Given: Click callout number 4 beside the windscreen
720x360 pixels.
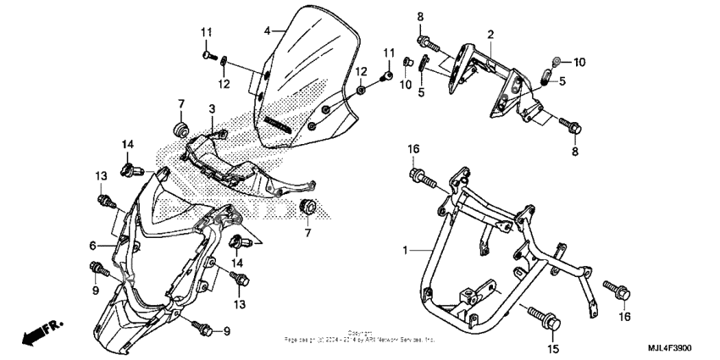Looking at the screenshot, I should pos(267,30).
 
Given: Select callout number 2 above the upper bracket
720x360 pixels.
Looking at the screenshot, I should pos(490,34).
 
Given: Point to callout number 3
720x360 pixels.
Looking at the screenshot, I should pos(213,109).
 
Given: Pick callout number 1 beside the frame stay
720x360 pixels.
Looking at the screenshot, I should pos(407,251).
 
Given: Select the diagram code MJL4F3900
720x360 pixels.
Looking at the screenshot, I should pos(682,349).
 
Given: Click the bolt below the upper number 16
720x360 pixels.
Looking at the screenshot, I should pos(420,178).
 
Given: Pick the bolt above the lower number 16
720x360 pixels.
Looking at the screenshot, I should pos(617,291).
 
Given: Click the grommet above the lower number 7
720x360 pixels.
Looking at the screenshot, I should pos(309,207).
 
